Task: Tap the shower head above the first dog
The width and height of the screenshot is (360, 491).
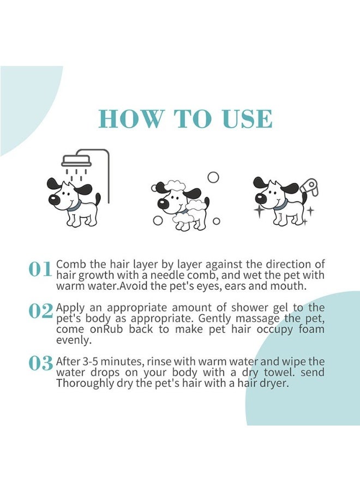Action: click(77, 161)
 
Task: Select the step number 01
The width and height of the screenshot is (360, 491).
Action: click(40, 269)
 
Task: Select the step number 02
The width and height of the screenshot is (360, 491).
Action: click(40, 311)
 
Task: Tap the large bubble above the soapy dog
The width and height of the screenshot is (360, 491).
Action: click(213, 177)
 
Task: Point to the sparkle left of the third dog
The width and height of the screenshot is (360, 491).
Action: click(259, 212)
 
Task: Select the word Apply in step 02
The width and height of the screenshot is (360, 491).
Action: click(69, 308)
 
